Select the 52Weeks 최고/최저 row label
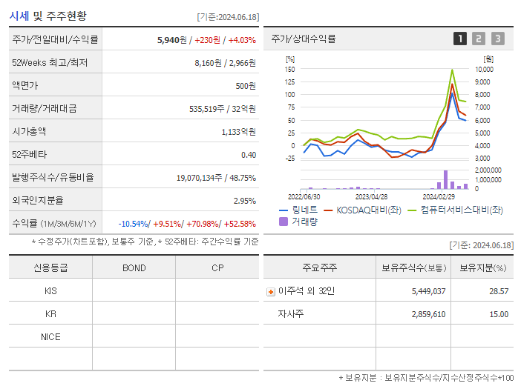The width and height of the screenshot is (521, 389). point(50,63)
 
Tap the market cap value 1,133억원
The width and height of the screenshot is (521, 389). point(238,132)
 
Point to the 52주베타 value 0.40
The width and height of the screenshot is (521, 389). point(249,155)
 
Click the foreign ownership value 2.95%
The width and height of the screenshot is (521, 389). point(244,201)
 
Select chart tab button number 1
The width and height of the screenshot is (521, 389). point(460,39)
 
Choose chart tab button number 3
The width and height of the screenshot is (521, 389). point(497,39)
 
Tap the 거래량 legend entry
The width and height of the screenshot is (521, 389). point(301,221)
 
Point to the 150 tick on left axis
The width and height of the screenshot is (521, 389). point(290,69)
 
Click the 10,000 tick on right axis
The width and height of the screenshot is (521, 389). point(483,69)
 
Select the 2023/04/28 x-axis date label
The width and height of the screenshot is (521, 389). point(371,196)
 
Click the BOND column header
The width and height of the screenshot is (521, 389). point(134,267)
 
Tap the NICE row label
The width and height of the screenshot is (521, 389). point(50,336)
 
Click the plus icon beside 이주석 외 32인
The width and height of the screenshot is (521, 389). point(270,291)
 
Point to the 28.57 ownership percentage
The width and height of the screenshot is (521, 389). point(499,291)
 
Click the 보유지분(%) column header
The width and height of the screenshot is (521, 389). point(482,267)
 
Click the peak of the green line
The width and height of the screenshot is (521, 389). point(452,70)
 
